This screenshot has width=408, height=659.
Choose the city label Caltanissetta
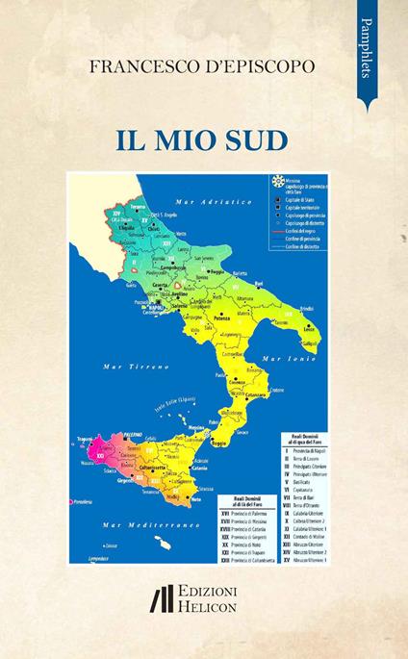146,466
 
